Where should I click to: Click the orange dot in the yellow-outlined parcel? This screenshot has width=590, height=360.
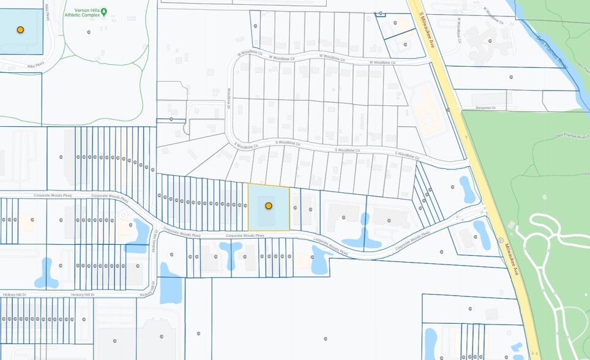[x=268, y=206]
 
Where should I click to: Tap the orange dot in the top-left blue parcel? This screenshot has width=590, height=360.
[x=20, y=29]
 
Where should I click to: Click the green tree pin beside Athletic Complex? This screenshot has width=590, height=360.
[x=103, y=12]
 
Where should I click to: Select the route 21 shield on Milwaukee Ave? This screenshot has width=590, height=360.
[x=500, y=239]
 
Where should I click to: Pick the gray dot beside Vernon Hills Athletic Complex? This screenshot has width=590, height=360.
[x=89, y=32]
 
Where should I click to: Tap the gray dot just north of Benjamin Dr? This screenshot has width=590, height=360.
[x=511, y=77]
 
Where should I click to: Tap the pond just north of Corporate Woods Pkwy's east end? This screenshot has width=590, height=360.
[x=468, y=189]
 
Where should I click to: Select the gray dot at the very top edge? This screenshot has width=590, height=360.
[x=381, y=13]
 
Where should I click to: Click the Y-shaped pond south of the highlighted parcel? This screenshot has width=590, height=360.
[x=231, y=253]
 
